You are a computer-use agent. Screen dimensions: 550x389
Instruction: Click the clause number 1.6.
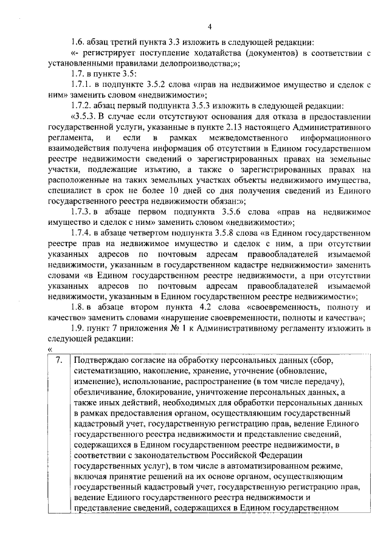(77, 42)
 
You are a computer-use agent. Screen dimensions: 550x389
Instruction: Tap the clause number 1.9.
(77, 328)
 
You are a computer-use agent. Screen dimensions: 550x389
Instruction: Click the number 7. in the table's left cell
(58, 360)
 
